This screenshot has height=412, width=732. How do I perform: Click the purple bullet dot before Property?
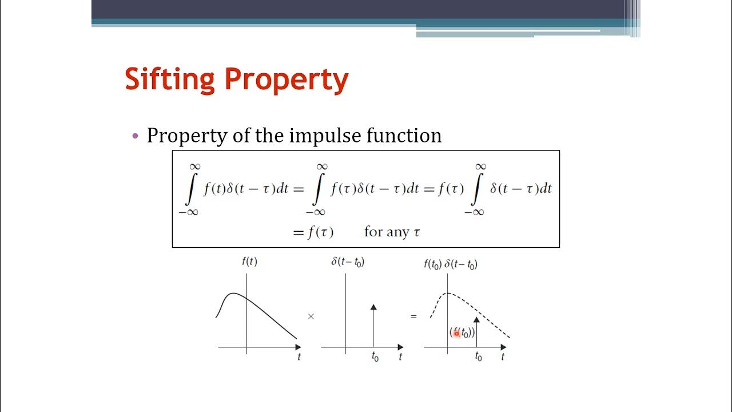(x=136, y=136)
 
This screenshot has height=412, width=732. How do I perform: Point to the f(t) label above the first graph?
(x=249, y=262)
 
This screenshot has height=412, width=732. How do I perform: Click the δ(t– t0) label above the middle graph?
(x=348, y=262)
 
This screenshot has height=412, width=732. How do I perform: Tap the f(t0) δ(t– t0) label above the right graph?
(x=451, y=264)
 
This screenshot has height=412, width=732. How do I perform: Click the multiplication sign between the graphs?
(x=311, y=316)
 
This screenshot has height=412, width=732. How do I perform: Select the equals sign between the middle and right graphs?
(x=413, y=316)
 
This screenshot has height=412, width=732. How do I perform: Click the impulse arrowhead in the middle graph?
(x=373, y=307)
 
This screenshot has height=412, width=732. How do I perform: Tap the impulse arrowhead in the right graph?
(x=476, y=320)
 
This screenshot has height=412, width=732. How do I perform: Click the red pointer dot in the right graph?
(x=456, y=333)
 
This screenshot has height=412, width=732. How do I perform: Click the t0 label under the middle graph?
(x=375, y=358)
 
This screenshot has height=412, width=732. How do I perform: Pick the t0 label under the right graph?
(x=478, y=357)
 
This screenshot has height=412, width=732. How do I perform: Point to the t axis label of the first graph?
(x=299, y=357)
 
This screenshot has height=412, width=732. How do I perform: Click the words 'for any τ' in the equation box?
(x=393, y=232)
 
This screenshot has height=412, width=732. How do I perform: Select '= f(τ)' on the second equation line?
(x=313, y=232)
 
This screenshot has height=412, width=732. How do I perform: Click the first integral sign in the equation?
(x=190, y=189)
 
